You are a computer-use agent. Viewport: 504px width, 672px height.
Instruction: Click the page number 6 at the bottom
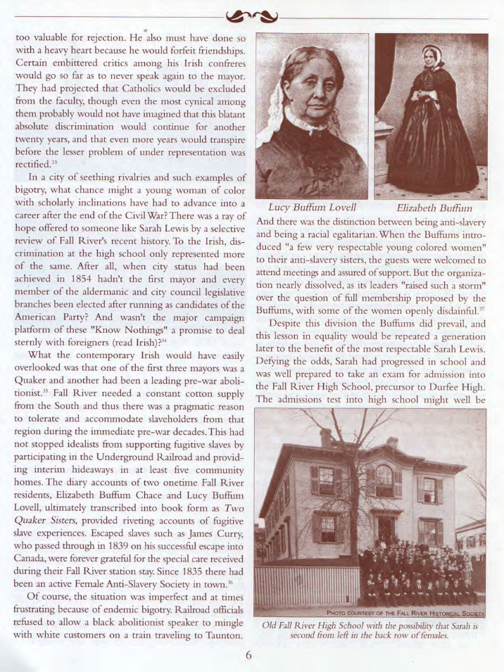click(x=248, y=654)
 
